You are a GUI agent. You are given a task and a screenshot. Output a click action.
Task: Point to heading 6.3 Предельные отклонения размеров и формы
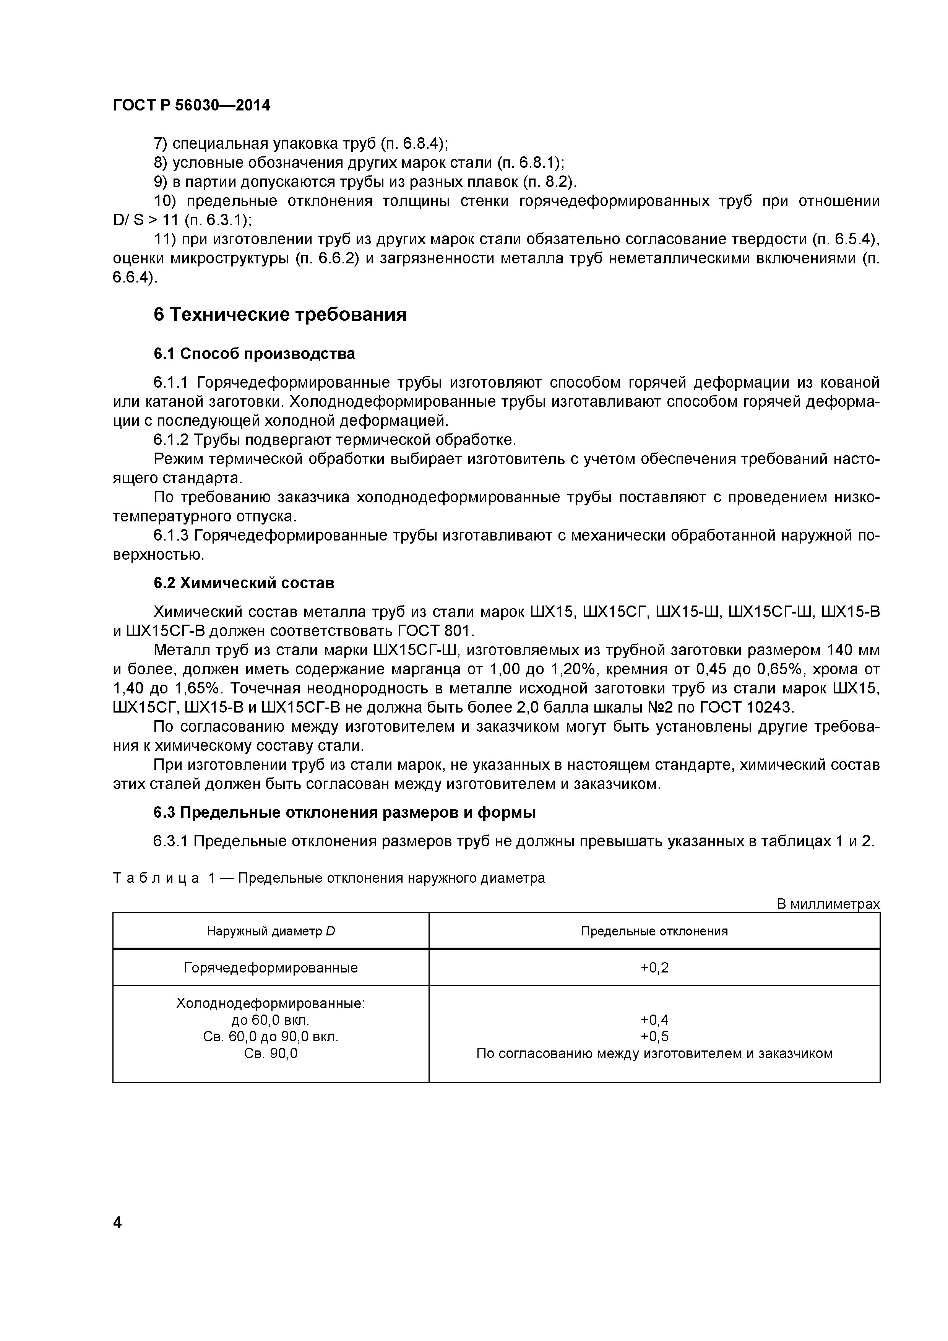(345, 812)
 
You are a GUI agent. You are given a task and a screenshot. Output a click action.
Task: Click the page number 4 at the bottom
(117, 1255)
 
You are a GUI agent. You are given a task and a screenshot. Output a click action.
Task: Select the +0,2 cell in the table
(654, 968)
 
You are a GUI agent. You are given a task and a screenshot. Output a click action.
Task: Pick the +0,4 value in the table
(654, 1020)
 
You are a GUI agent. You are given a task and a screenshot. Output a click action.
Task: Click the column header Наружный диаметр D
(270, 931)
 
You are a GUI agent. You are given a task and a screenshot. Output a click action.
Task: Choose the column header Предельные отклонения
(654, 931)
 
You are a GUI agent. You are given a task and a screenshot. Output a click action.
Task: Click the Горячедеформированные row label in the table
(270, 968)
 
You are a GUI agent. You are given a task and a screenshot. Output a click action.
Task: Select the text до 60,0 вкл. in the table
(270, 1020)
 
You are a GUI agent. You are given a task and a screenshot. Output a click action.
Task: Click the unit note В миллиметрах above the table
(828, 904)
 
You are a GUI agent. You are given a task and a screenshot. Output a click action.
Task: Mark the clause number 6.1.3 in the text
(171, 536)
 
